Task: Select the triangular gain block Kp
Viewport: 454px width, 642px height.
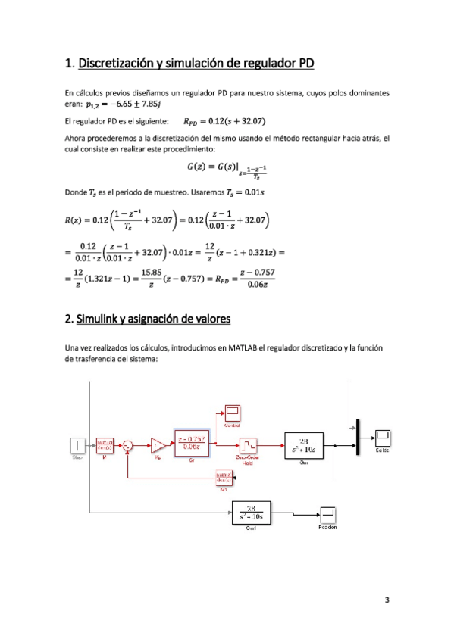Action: (x=158, y=444)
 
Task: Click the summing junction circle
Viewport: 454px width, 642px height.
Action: (x=128, y=444)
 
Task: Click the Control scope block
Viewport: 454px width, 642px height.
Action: (x=233, y=413)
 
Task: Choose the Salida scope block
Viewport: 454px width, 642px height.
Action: (x=385, y=436)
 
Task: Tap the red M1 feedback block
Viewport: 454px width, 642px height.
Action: (x=224, y=478)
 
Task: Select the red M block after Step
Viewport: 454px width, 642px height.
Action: (x=105, y=444)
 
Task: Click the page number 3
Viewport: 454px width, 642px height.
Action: (x=387, y=601)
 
